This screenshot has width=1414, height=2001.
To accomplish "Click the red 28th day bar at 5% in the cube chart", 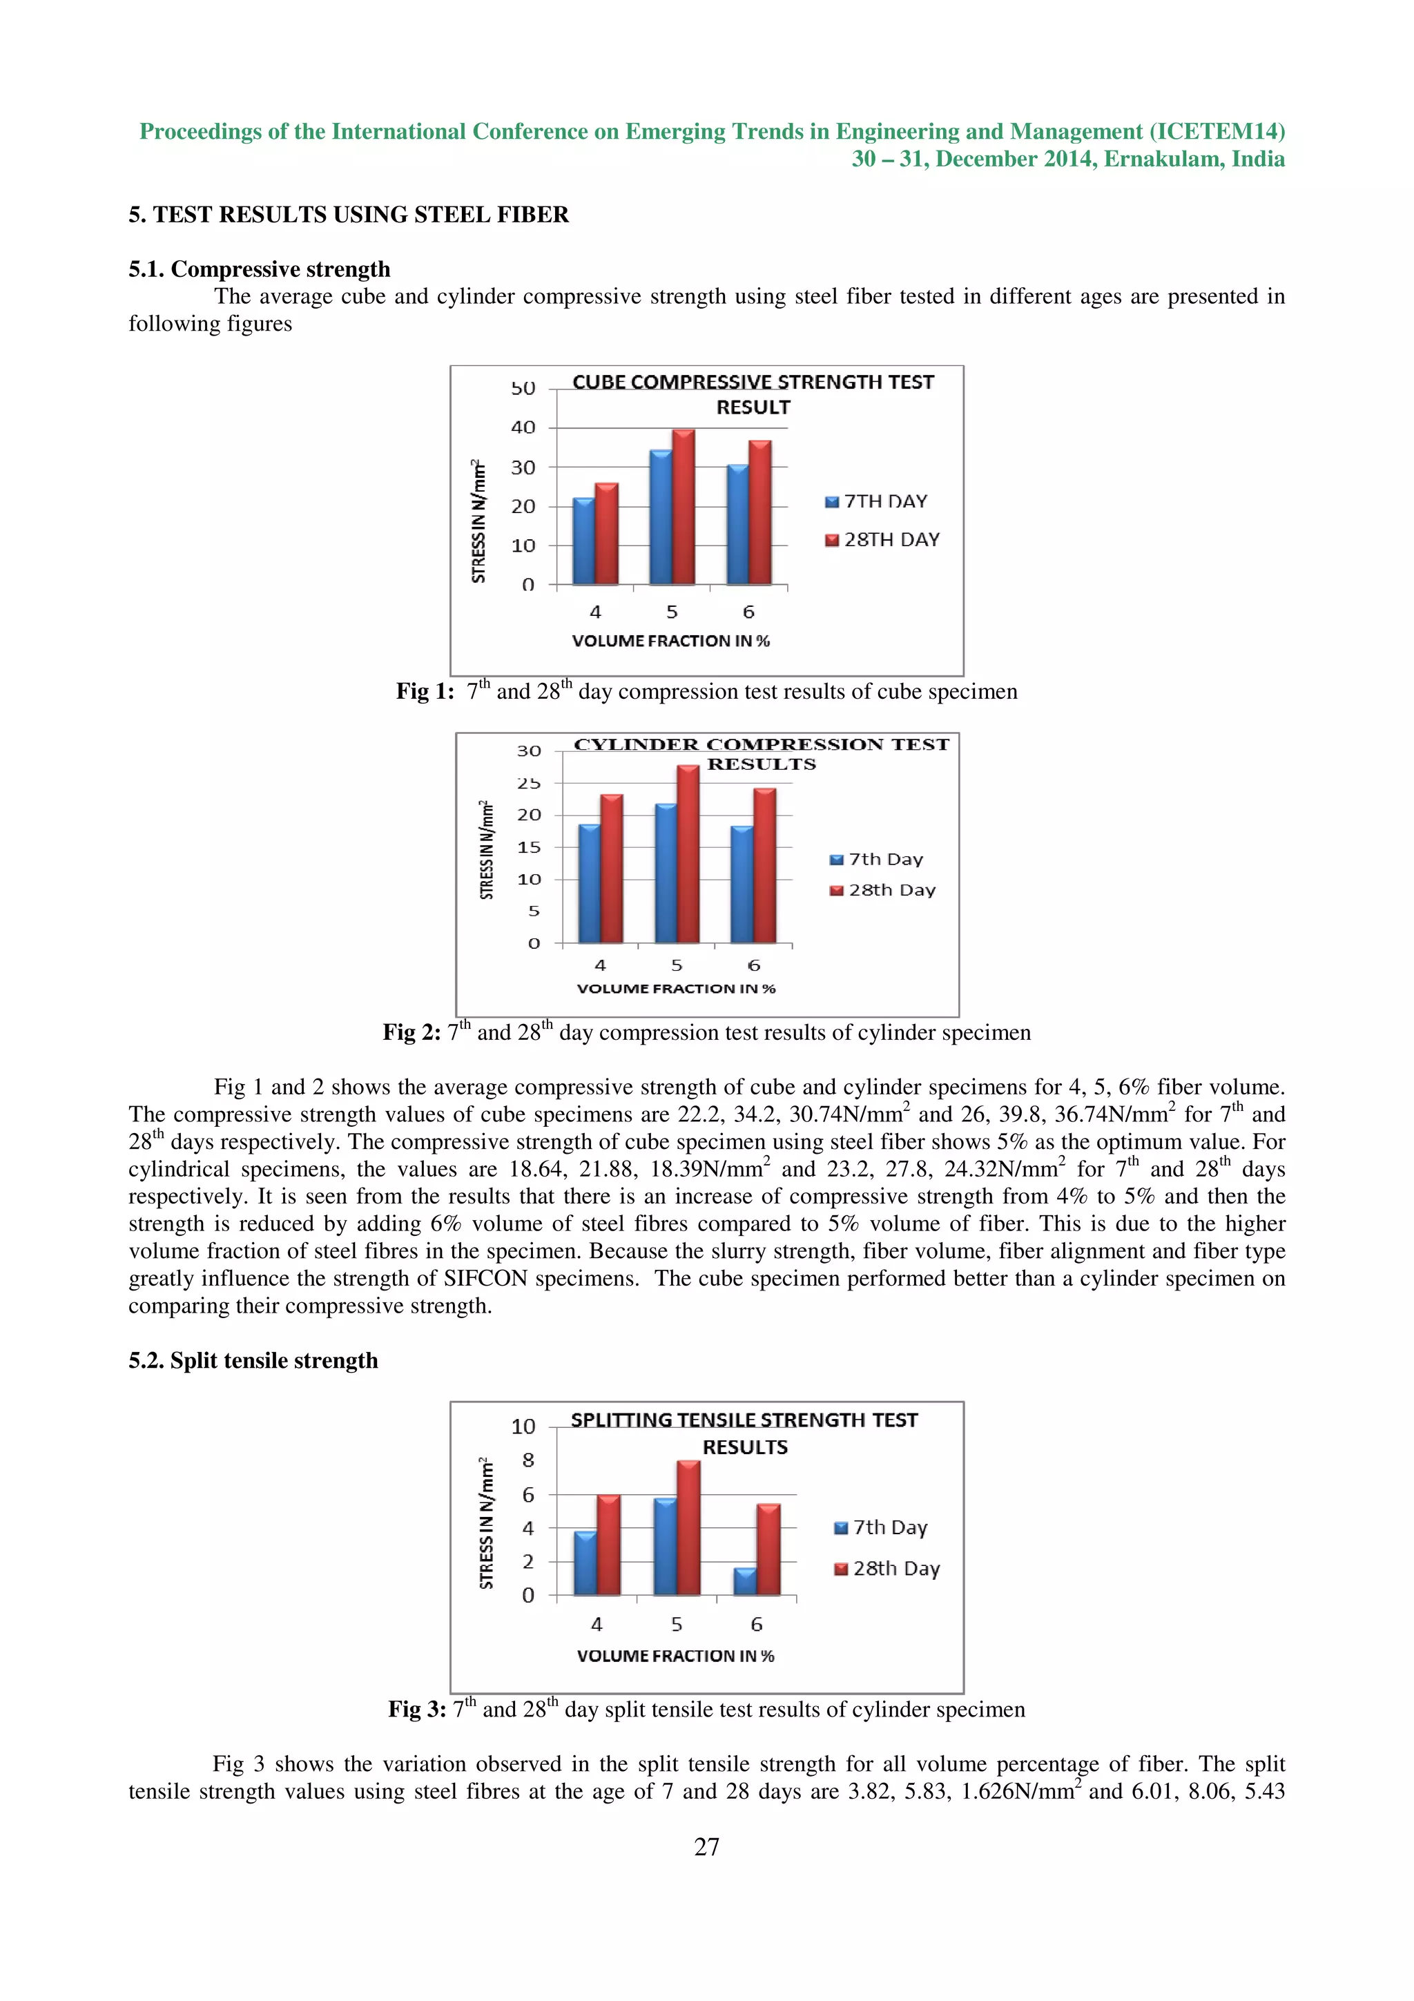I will point(684,507).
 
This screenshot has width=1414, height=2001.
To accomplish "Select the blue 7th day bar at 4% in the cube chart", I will point(583,541).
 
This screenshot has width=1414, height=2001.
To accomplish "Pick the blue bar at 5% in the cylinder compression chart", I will point(666,873).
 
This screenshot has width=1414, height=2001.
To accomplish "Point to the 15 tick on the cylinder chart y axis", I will point(529,847).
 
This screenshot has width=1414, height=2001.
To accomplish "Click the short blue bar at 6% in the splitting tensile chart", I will point(745,1582).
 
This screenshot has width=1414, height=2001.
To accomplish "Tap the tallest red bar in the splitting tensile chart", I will point(688,1529).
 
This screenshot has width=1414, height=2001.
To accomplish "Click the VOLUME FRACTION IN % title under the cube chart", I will point(671,641).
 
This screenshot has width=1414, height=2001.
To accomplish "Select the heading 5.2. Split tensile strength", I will point(253,1360).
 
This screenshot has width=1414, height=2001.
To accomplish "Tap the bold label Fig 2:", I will point(412,1033).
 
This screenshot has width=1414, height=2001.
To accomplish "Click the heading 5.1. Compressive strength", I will point(260,269).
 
